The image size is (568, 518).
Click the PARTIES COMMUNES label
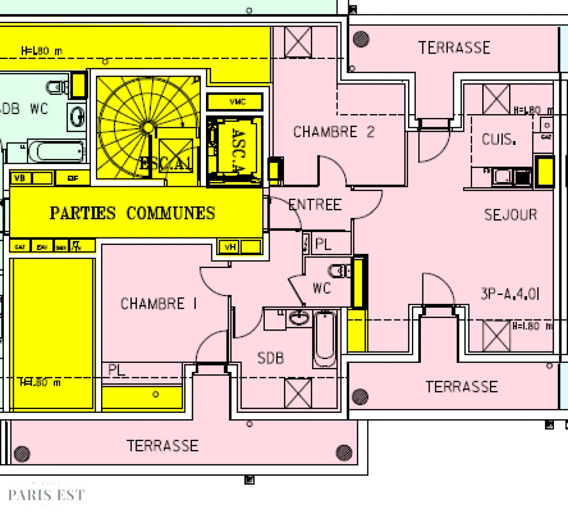(x=133, y=213)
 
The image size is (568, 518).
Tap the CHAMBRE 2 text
(x=333, y=132)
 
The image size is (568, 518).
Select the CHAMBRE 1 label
(x=158, y=304)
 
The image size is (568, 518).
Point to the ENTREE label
(x=315, y=205)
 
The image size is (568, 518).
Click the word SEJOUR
(x=510, y=214)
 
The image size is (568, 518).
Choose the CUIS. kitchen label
(x=499, y=140)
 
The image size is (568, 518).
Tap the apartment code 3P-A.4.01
(x=510, y=294)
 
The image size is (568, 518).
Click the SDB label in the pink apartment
(x=271, y=358)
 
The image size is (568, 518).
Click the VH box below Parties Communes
(x=230, y=247)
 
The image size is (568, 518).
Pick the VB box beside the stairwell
(x=20, y=178)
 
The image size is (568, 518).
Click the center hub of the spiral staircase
(x=148, y=128)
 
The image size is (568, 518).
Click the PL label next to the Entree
(x=323, y=244)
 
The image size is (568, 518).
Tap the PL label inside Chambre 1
(x=116, y=370)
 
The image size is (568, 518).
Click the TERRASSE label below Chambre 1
(x=162, y=446)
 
